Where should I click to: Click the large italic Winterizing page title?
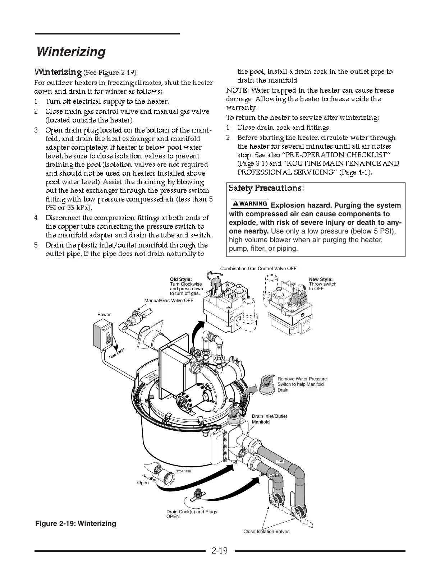coord(71,52)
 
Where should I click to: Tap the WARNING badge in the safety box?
coord(250,204)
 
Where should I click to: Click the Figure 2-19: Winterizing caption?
coord(75,523)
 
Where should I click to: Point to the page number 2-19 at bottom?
coord(220,551)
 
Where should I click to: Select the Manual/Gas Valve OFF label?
coord(169,300)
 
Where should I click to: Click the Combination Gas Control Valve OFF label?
coord(258,268)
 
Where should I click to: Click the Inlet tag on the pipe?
coord(280,461)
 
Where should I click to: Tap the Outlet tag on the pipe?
coord(274,475)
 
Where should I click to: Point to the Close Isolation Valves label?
coord(266,531)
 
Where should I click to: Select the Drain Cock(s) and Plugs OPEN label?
coord(192,514)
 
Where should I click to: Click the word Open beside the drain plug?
coord(143,482)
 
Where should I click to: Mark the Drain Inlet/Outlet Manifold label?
coord(269,419)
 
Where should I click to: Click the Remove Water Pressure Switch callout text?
coord(302,384)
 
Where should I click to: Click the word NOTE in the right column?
coord(237,90)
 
